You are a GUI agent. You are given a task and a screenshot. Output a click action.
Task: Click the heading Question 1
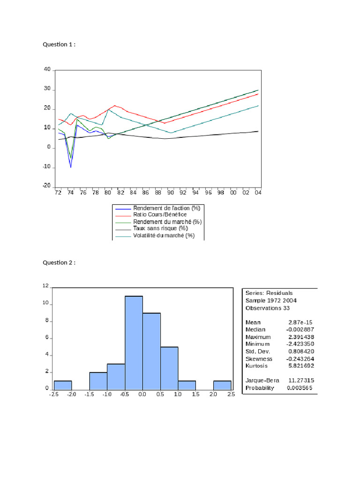59,45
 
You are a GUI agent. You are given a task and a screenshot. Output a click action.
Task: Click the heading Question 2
59,262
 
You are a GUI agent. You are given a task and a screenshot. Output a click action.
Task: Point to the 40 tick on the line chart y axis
47,69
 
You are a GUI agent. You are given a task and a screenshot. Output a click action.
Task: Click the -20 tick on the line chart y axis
46,186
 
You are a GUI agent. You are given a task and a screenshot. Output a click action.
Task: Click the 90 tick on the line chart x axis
170,193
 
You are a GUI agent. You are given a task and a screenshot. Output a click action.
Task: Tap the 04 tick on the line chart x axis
258,193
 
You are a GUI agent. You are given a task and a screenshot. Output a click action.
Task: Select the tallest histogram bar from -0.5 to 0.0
134,342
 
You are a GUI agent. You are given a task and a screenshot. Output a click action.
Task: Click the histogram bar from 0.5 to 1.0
169,367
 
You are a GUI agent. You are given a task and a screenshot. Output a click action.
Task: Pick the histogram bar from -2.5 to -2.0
63,384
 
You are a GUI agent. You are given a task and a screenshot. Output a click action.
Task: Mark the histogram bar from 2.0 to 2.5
222,384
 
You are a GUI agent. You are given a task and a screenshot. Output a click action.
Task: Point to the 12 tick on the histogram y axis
46,286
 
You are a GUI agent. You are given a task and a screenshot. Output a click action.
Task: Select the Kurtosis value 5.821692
301,365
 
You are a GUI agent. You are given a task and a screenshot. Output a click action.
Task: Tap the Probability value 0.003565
300,388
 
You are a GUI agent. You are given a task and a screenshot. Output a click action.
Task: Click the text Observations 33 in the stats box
268,308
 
